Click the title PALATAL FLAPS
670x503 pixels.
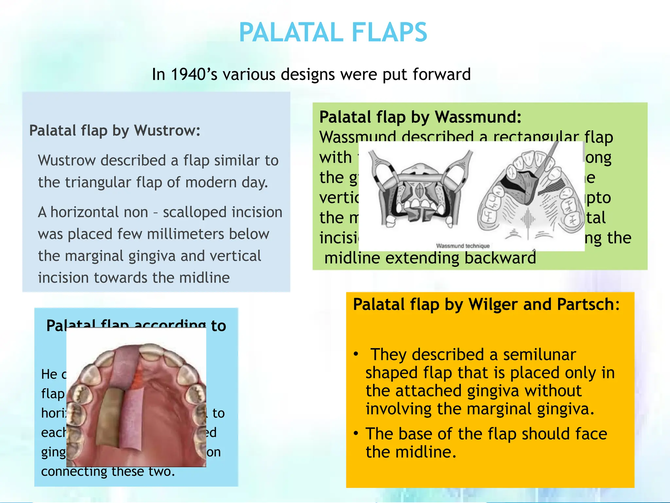(333, 32)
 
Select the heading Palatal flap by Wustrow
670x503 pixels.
(115, 130)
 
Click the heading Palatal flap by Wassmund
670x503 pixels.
(420, 117)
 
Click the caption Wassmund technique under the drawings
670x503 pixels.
(463, 246)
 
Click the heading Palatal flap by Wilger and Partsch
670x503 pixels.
(486, 304)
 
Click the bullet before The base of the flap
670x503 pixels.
(356, 434)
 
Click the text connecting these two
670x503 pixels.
(108, 472)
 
